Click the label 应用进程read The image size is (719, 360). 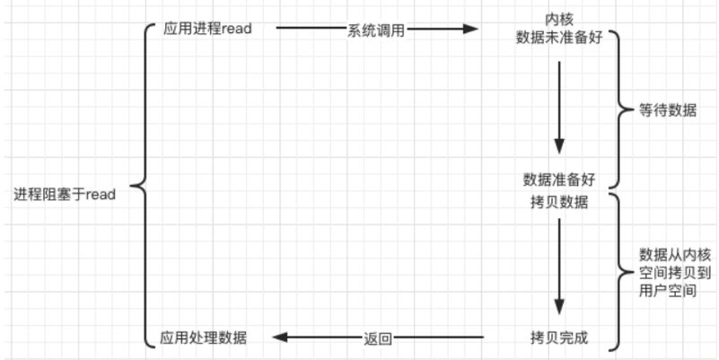(206, 28)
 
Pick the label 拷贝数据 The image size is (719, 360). (559, 201)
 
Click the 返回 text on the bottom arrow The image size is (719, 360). (378, 338)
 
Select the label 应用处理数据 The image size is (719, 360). (204, 338)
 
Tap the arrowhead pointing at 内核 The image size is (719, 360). (469, 29)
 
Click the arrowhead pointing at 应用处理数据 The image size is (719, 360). (279, 338)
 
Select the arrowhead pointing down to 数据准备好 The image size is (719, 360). (559, 145)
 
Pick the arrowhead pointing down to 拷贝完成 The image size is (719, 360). (559, 304)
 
